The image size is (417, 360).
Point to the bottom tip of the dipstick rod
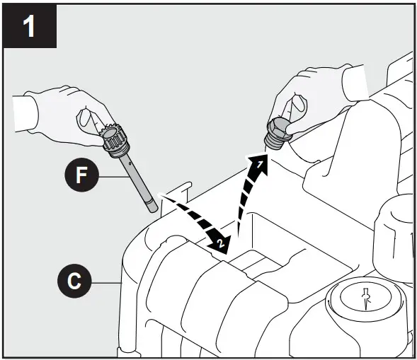(150, 209)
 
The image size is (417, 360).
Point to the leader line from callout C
(107, 282)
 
